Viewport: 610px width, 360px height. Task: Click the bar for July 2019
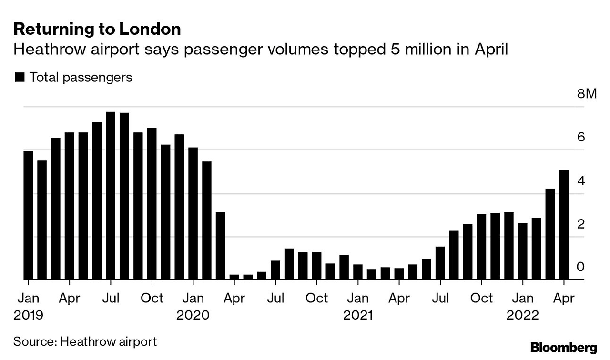[x=111, y=195]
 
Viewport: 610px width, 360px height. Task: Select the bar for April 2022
[x=564, y=224]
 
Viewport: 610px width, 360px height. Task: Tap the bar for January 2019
[x=28, y=215]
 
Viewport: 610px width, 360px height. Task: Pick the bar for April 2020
[x=234, y=277]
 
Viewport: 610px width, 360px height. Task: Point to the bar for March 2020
[x=220, y=245]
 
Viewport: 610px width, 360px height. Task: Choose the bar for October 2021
[x=481, y=246]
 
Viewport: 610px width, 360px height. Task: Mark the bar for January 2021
[x=357, y=271]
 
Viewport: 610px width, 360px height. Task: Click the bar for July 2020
[x=275, y=270]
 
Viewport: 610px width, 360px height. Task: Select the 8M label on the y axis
[x=586, y=94]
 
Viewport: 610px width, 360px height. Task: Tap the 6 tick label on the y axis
[x=580, y=137]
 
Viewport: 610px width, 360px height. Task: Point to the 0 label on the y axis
[x=580, y=267]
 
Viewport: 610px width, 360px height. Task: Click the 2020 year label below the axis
[x=193, y=315]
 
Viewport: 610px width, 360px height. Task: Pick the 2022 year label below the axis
[x=522, y=315]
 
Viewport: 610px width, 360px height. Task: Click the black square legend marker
[x=20, y=77]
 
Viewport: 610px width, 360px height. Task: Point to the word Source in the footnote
[x=32, y=341]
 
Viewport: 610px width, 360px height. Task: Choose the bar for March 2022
[x=550, y=234]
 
